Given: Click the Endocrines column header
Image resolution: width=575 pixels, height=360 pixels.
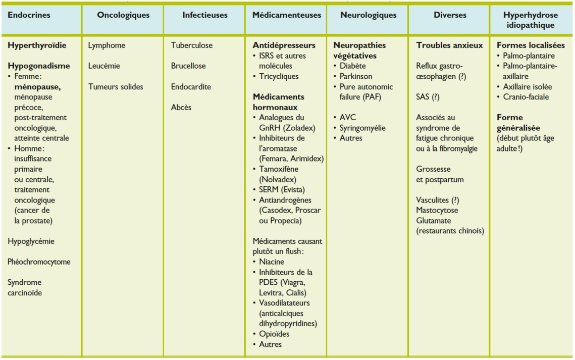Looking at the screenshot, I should coord(29,15).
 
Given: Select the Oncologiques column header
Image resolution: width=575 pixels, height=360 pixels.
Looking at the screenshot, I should coord(123,15).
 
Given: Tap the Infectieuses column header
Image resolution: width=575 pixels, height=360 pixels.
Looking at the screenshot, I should coord(205,15).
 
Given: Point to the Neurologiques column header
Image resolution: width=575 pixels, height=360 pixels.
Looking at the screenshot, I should coord(369,15).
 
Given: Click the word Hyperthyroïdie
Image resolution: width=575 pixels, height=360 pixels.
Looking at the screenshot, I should coord(37,45).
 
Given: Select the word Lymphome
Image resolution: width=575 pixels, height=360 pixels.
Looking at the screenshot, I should coord(107,45).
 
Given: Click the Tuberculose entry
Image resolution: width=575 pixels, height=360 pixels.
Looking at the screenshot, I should coord(192,45).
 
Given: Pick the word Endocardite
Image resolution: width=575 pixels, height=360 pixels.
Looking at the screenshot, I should coord(191,87).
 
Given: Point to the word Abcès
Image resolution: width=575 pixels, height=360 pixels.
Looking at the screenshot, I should coord(181,108).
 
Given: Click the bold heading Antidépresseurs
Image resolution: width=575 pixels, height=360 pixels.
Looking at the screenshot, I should coord(284,45).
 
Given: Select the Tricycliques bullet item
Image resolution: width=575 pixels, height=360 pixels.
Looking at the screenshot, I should coord(279,77).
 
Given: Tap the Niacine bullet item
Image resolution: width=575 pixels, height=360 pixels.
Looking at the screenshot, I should coord(272,262).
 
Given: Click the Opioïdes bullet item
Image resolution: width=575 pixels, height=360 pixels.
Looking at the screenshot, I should coord(274,334).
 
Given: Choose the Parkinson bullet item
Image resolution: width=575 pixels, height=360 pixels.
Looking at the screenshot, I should coord(356,77).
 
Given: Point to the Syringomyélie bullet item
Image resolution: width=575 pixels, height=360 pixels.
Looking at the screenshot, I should coord(362,128).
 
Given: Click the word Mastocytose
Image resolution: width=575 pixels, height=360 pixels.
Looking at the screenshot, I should coord(437,210).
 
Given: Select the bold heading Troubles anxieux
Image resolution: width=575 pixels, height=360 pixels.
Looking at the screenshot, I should coord(449,45).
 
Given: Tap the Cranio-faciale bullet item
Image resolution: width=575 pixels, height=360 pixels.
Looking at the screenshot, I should coord(526,97).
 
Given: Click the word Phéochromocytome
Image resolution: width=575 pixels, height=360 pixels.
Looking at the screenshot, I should coord(39,262).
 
